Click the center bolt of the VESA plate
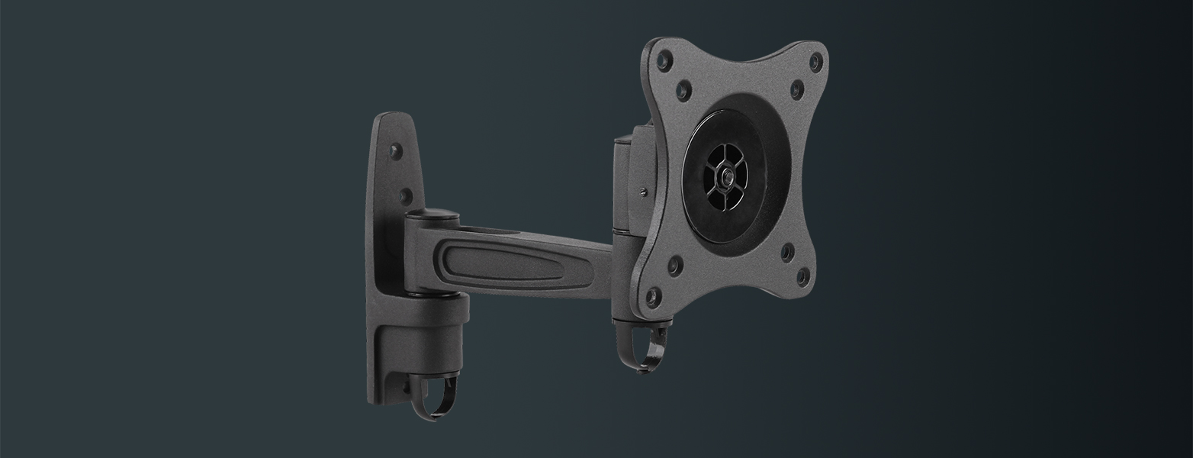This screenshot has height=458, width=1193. coord(723,176)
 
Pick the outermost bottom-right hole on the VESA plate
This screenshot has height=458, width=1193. coord(802,276)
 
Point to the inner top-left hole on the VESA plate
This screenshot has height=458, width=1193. coord(683,90)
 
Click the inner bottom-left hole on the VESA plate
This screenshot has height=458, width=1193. coord(674,266)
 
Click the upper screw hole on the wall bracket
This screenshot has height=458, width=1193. coord(396,150)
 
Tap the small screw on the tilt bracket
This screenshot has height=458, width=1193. coord(645,191)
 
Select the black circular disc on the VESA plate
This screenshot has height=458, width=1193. coord(723,177)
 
